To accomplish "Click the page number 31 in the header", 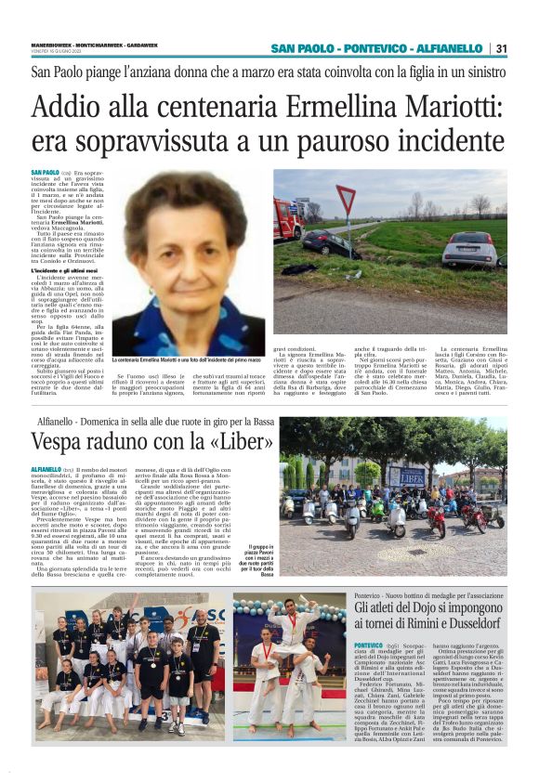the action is (501, 48).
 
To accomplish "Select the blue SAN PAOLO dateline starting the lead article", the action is (45, 174).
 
